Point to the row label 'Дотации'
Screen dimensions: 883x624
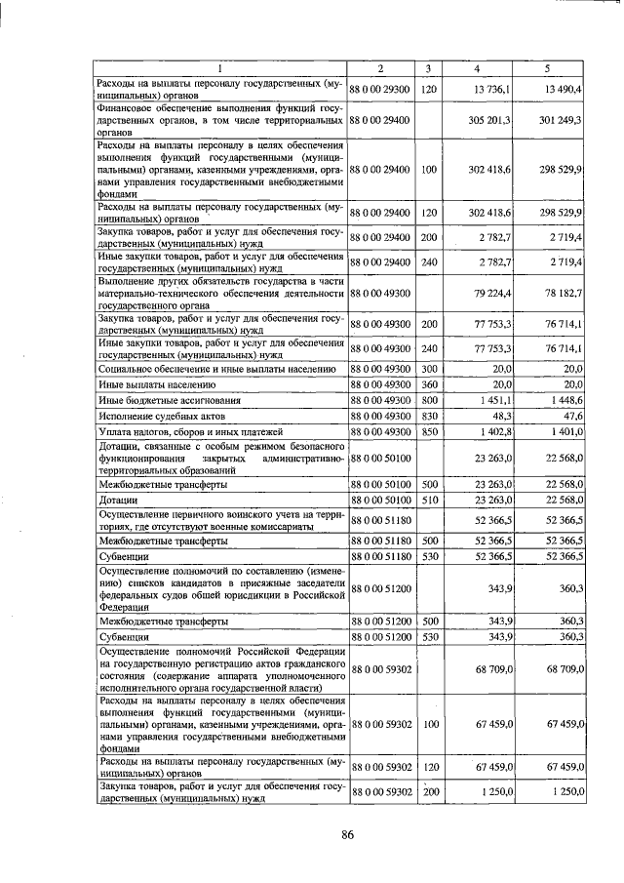[x=118, y=500]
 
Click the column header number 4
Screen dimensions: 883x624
[x=476, y=67]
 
